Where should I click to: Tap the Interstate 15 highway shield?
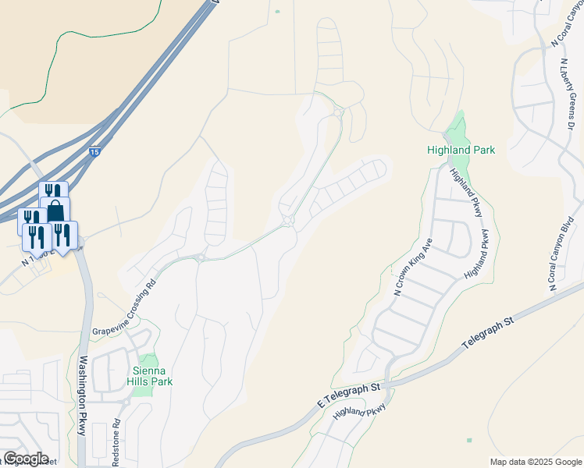(94, 154)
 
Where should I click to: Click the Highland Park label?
(461, 149)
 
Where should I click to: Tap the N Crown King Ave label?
(413, 268)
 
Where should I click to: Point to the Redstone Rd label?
(116, 441)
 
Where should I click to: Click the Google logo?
(26, 459)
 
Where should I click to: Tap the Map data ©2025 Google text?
(535, 462)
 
